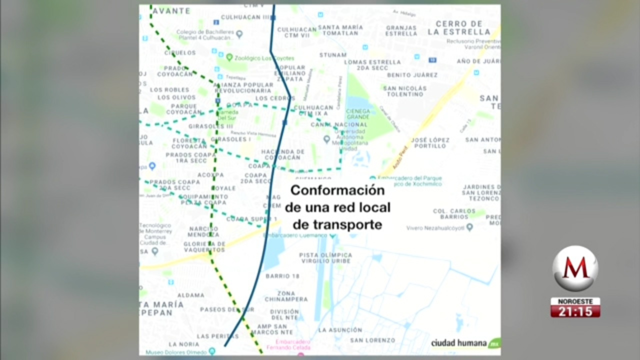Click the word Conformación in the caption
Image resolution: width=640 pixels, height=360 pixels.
[x=337, y=190]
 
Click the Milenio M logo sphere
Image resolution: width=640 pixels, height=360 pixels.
[x=575, y=268]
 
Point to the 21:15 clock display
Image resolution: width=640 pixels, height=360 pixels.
[x=575, y=311]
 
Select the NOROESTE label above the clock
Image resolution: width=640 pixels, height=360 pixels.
[x=575, y=301]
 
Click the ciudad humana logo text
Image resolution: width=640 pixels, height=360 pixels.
[x=459, y=343]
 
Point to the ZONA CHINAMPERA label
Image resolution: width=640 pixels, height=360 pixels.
[x=293, y=296]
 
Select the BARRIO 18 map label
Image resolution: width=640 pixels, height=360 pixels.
[x=282, y=276]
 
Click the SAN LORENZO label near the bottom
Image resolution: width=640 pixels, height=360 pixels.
[x=372, y=340]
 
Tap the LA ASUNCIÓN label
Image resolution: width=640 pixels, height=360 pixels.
[x=340, y=330]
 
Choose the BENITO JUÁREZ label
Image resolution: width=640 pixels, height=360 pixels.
[x=412, y=75]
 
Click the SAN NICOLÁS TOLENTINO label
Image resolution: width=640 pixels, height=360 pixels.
[x=405, y=91]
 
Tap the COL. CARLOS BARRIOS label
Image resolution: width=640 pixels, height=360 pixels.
[x=454, y=214]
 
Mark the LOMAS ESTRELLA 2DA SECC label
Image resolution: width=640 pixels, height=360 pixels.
[x=372, y=65]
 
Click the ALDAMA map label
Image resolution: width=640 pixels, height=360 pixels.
[x=190, y=295]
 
